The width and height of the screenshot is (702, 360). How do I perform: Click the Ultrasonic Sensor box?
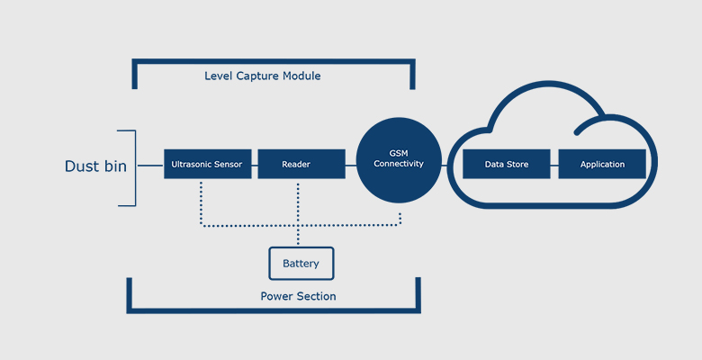[x=208, y=164]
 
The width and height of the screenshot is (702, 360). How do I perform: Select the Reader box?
[x=301, y=164]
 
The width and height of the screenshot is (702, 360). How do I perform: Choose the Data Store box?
[x=507, y=164]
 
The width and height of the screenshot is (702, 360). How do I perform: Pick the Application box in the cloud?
[x=602, y=164]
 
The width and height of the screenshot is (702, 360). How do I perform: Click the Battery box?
[x=301, y=264]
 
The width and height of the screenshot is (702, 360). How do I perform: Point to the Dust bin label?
[x=94, y=166]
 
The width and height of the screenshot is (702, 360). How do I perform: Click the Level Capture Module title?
[x=262, y=76]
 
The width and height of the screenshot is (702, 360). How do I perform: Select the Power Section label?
[x=298, y=296]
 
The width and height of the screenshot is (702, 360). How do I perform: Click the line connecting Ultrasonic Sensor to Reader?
[x=255, y=165]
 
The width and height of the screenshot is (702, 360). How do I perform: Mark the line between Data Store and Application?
[x=554, y=165]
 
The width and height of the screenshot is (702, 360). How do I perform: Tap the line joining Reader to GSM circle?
[x=351, y=165]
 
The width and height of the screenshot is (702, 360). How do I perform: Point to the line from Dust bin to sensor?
[x=150, y=166]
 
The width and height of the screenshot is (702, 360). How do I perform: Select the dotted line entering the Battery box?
[x=298, y=236]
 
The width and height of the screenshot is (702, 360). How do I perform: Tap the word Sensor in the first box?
[x=229, y=165]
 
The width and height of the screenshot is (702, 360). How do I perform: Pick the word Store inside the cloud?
[x=517, y=165]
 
